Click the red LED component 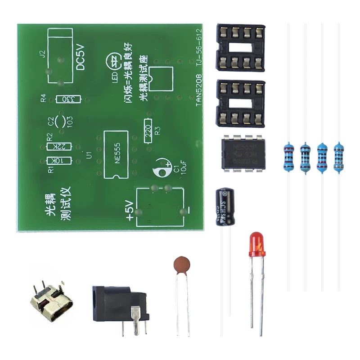[x=256, y=244]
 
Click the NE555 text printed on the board [x=118, y=154]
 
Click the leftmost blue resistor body [x=288, y=157]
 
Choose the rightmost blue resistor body [x=339, y=156]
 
